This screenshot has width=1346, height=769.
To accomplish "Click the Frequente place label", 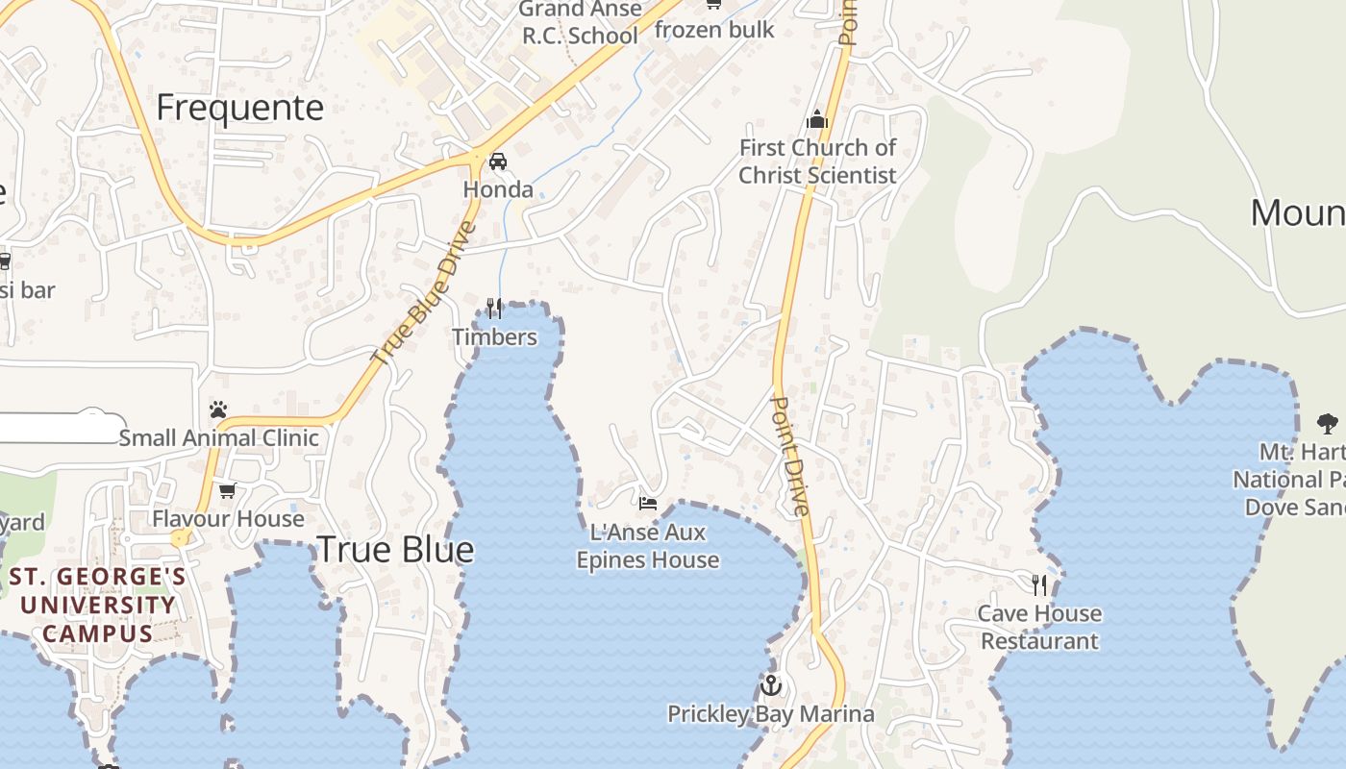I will click(x=239, y=108).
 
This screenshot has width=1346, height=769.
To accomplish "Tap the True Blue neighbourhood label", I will click(x=395, y=550).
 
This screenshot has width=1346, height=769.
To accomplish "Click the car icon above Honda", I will click(x=498, y=161).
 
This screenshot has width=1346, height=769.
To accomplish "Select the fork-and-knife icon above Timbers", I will click(x=494, y=308).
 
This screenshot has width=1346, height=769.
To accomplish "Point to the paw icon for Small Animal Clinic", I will click(x=218, y=409).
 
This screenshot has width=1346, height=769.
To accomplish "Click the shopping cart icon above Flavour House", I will click(x=228, y=491).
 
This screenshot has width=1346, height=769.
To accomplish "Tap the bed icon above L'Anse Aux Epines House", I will click(x=648, y=503).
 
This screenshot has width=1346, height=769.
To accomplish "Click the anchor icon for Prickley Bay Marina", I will click(x=770, y=685).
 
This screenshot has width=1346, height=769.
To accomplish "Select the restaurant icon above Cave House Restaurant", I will click(x=1039, y=584).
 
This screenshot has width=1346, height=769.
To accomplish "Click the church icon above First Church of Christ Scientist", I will click(x=817, y=119).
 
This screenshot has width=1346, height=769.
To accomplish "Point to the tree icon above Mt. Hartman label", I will click(x=1328, y=423).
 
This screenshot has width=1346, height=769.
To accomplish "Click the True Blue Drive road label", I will click(x=424, y=293).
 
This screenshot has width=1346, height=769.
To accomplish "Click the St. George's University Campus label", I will click(x=97, y=606).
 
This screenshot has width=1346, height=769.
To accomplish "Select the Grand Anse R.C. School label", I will click(x=580, y=23).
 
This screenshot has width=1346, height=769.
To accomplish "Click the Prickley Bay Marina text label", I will click(x=771, y=714).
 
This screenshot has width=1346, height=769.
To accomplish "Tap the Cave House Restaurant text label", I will click(x=1039, y=627).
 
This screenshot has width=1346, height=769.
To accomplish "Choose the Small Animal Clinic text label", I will click(x=218, y=438).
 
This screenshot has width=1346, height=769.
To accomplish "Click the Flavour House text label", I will click(x=228, y=519).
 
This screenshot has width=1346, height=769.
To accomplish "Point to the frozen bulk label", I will click(x=714, y=30).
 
